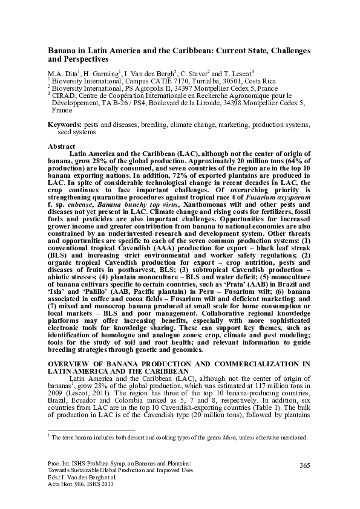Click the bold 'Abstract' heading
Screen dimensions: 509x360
tap(62, 147)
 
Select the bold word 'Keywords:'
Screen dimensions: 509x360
tap(65, 124)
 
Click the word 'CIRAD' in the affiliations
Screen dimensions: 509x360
tap(64, 96)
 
